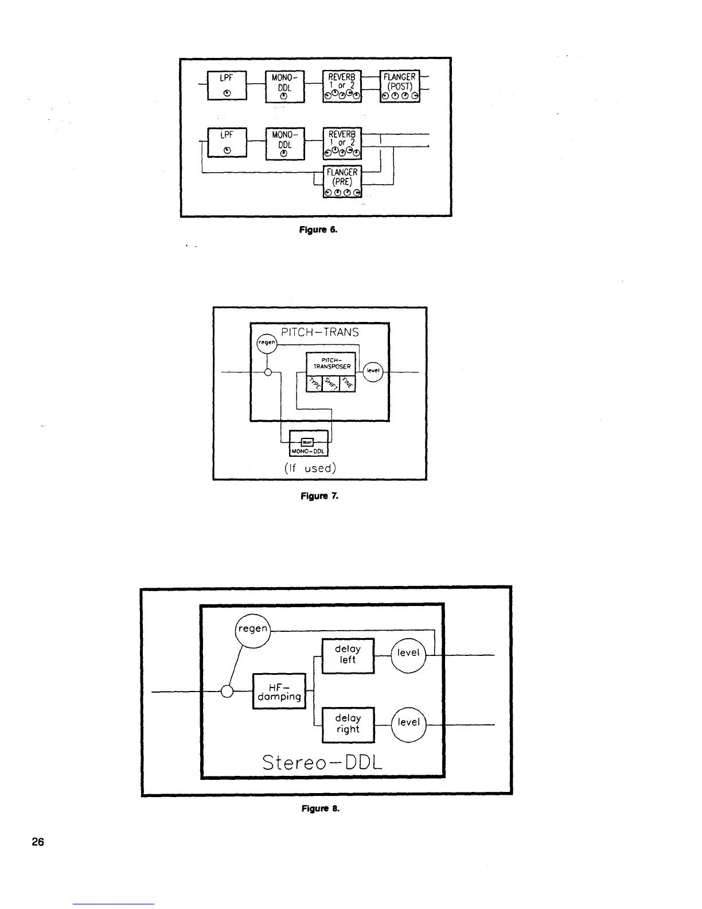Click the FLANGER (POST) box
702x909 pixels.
[x=400, y=86]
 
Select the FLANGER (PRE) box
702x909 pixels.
[x=342, y=181]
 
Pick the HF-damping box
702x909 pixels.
[x=279, y=691]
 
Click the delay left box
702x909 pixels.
[x=348, y=655]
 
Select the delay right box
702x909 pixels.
[x=348, y=724]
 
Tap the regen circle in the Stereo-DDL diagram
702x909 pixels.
[x=252, y=629]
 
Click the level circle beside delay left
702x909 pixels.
[x=408, y=653]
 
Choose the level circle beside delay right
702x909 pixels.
[x=408, y=722]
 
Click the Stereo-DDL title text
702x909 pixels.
[x=321, y=762]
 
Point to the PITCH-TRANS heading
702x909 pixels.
[x=320, y=332]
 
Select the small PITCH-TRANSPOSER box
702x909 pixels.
[x=331, y=363]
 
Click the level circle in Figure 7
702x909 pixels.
[x=373, y=371]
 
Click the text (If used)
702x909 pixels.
[x=310, y=468]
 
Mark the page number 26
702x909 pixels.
[x=38, y=842]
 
